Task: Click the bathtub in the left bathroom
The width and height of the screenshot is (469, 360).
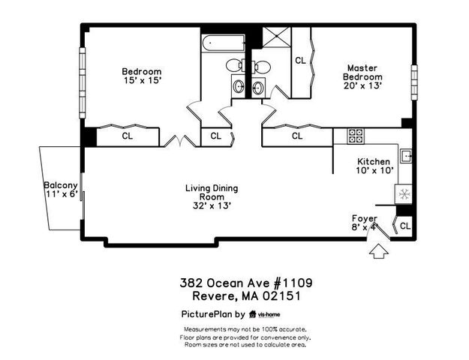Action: [x=222, y=42]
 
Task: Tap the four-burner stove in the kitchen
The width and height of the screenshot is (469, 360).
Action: [x=356, y=136]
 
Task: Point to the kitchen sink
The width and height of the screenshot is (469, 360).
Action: [x=407, y=156]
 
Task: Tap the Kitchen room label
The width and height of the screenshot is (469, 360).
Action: [x=373, y=161]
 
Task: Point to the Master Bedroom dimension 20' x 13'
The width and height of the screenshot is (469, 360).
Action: [x=362, y=85]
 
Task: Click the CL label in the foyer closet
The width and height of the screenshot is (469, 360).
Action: [x=405, y=225]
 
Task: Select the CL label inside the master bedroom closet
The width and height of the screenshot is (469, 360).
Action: [x=300, y=60]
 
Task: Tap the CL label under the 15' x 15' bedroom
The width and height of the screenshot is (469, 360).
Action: [x=127, y=136]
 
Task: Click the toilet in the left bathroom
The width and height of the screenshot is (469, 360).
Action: [x=235, y=64]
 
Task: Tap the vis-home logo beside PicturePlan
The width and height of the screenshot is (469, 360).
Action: [x=265, y=315]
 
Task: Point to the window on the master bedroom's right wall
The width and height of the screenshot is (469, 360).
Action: [x=413, y=81]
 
